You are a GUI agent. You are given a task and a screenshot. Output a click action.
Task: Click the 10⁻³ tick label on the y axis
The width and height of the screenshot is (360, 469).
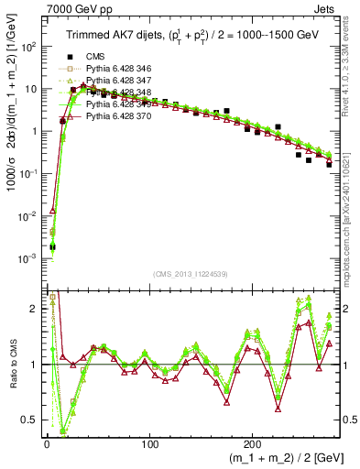28,259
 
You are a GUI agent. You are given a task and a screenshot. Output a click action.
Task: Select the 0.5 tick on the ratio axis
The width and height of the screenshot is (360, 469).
30,420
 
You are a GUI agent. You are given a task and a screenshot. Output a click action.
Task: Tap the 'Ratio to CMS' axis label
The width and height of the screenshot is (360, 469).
11,366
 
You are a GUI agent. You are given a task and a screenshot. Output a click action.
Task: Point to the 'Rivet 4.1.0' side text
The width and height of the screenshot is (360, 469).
351,69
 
